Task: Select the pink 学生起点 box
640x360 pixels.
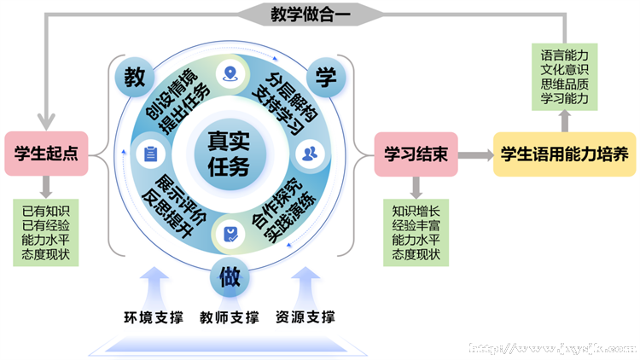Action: [x=48, y=154]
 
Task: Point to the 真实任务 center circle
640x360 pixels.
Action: [x=229, y=154]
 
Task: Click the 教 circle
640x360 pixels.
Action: [x=134, y=77]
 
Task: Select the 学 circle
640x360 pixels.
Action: [x=324, y=77]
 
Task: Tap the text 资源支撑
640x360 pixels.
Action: [x=305, y=318]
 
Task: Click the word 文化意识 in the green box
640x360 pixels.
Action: [x=564, y=68]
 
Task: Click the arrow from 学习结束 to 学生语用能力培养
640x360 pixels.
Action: [x=474, y=155]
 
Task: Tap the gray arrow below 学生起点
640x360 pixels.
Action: [x=46, y=186]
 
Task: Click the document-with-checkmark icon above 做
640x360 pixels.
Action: [x=229, y=232]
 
